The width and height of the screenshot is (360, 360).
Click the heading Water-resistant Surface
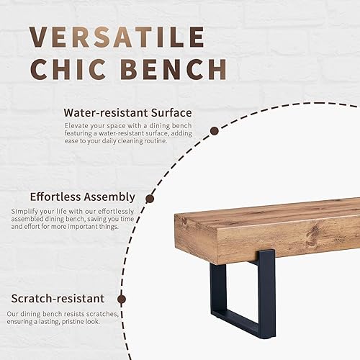[127, 112]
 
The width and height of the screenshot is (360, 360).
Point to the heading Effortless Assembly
[82, 197]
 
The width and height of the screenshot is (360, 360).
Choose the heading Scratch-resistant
[58, 298]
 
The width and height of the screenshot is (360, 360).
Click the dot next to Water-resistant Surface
[214, 131]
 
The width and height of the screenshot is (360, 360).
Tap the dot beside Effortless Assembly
[150, 199]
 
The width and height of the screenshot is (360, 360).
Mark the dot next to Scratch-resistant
[122, 298]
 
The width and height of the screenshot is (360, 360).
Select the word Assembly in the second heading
[112, 197]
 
